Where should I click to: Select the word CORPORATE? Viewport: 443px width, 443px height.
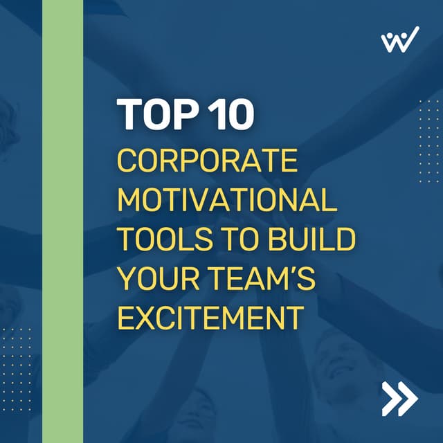click(207, 161)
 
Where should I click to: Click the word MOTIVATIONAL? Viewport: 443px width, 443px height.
click(227, 201)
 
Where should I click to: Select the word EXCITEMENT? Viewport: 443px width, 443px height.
click(210, 318)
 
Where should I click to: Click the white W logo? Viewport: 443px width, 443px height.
click(399, 39)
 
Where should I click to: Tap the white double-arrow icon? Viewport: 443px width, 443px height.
click(399, 398)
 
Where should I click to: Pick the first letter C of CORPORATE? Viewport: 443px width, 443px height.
click(127, 161)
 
